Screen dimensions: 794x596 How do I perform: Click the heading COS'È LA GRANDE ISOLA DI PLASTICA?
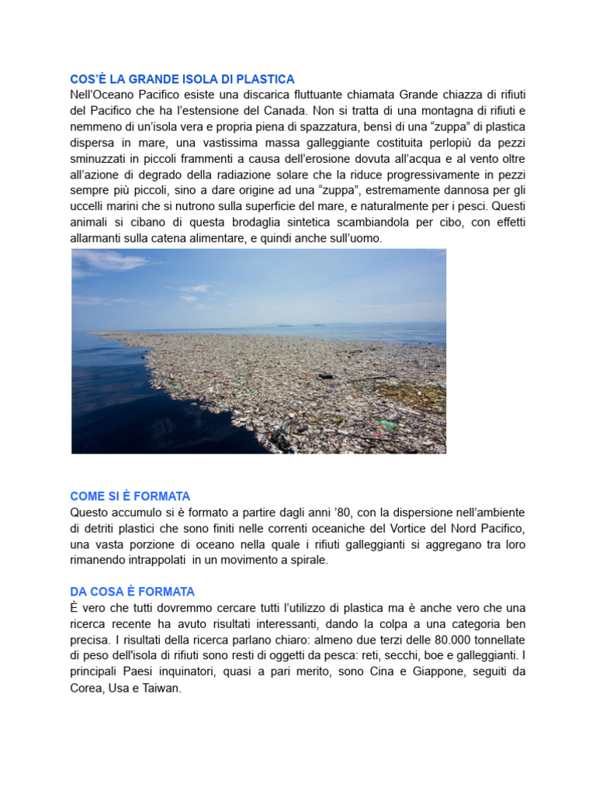coord(182,79)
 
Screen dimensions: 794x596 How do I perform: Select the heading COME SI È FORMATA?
coord(130,496)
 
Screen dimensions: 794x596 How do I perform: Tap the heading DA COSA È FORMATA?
coord(132,592)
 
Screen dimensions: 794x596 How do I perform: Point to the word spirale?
coord(310,560)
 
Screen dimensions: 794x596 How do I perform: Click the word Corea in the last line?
coord(85,688)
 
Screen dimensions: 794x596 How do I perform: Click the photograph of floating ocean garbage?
coord(258,351)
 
